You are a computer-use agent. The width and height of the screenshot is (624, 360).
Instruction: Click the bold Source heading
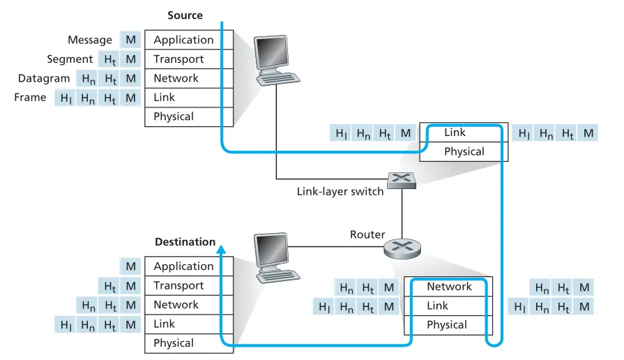point(185,15)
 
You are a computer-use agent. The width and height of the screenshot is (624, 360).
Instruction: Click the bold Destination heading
point(185,242)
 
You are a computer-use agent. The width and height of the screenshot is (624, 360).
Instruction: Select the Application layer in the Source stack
point(183,40)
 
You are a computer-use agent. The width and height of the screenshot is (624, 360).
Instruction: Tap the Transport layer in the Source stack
point(178,59)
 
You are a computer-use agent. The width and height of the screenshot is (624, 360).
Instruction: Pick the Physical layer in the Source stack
point(174,117)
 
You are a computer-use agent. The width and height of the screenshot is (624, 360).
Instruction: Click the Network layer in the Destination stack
point(176,305)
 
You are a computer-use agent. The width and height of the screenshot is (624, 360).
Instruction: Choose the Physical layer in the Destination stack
point(174,343)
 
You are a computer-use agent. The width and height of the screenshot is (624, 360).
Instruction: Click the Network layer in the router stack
point(449,287)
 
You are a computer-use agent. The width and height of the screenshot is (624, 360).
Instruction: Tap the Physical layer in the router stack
point(447,325)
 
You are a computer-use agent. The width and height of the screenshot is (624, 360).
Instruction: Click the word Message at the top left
point(90,40)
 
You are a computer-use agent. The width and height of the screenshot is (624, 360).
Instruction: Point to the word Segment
point(70,59)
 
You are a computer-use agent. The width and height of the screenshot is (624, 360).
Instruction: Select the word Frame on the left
point(30,98)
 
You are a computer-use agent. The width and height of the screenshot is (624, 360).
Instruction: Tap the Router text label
point(367,234)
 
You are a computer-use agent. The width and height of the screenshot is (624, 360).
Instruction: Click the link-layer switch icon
point(402,179)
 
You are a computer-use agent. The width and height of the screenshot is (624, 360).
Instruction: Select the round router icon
point(402,246)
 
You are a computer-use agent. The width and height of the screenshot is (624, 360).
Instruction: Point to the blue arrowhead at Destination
point(221,248)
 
